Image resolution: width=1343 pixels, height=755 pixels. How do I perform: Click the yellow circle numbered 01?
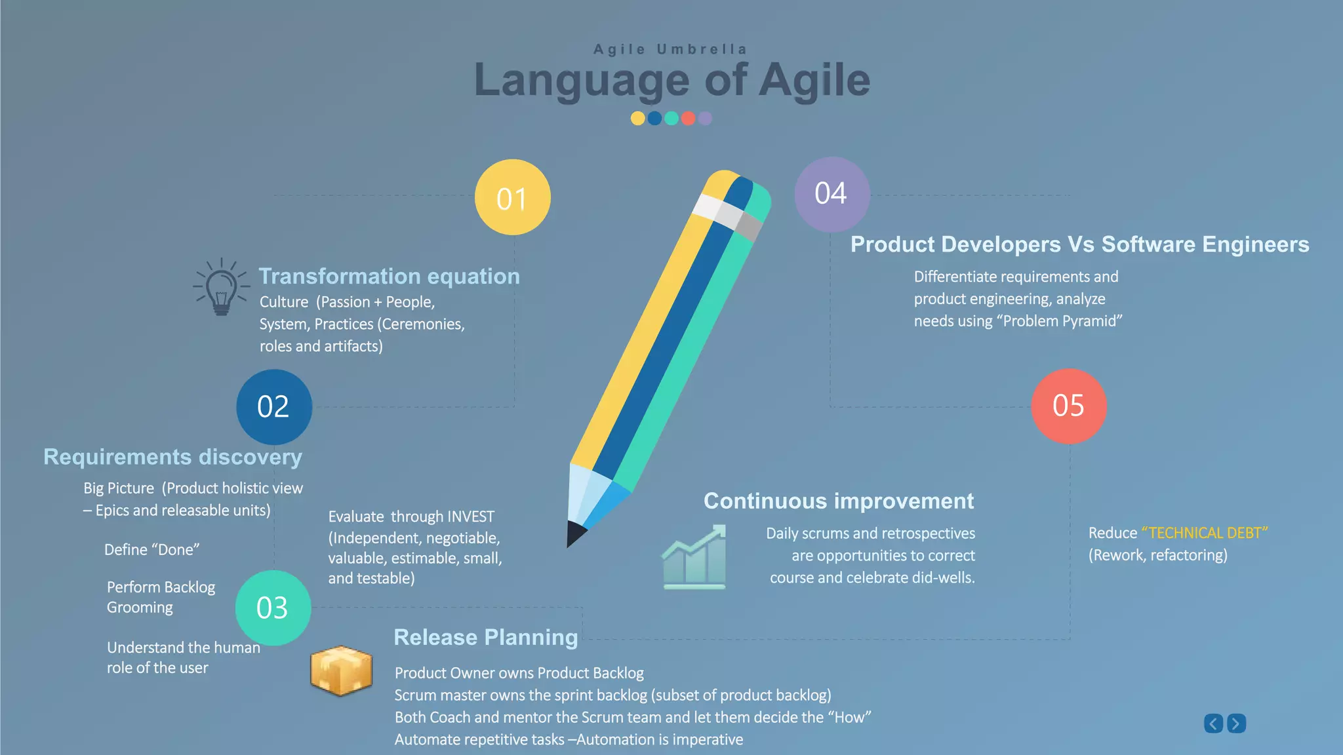point(512,197)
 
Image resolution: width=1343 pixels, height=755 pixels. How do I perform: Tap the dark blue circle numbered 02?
point(273,406)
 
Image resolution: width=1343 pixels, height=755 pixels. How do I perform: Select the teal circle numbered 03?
point(273,608)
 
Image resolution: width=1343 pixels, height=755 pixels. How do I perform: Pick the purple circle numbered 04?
point(832,194)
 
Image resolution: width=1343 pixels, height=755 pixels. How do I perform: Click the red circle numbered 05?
point(1068,406)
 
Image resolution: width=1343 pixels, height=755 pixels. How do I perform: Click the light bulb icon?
point(221,288)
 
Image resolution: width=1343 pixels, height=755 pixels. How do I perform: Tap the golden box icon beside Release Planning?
point(341,670)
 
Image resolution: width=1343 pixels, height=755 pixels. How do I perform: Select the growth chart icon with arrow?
point(694,556)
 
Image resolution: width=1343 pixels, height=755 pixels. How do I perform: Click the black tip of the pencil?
point(574,533)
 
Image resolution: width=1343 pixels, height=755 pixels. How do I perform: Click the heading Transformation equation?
point(389,276)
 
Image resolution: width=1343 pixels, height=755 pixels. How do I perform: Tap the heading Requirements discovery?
point(172,456)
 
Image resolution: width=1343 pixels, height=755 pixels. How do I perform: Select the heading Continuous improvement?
point(838,501)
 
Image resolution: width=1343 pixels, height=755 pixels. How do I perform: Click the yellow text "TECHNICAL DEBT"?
point(1204,533)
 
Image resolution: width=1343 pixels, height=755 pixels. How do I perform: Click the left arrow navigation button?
point(1213,724)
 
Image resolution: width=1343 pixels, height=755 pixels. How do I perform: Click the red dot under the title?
point(688,119)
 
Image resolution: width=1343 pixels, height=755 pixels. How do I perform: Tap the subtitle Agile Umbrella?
point(670,49)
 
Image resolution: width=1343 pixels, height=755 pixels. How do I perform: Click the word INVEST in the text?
point(470,516)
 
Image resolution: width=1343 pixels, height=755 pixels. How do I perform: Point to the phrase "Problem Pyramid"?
point(1059,321)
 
